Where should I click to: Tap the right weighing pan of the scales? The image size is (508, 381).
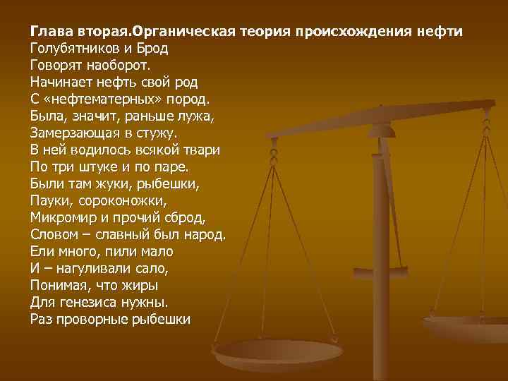469,326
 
